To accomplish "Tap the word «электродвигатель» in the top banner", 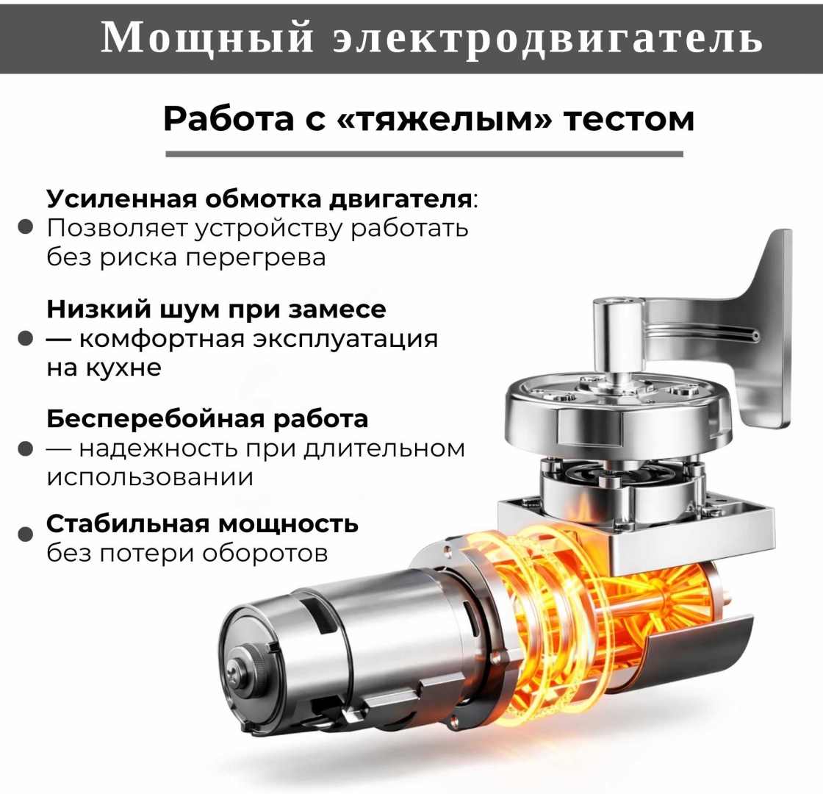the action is click(547, 37).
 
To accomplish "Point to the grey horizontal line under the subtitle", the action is click(424, 154).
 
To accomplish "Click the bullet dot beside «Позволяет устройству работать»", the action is click(25, 227).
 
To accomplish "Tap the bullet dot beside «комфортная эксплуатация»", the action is click(25, 338).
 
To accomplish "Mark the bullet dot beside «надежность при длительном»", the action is click(25, 448).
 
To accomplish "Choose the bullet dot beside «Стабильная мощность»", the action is click(25, 534).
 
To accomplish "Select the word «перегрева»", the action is click(256, 258).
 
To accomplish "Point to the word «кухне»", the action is click(123, 368).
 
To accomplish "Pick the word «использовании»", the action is click(150, 478).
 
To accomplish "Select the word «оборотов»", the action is click(265, 553).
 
